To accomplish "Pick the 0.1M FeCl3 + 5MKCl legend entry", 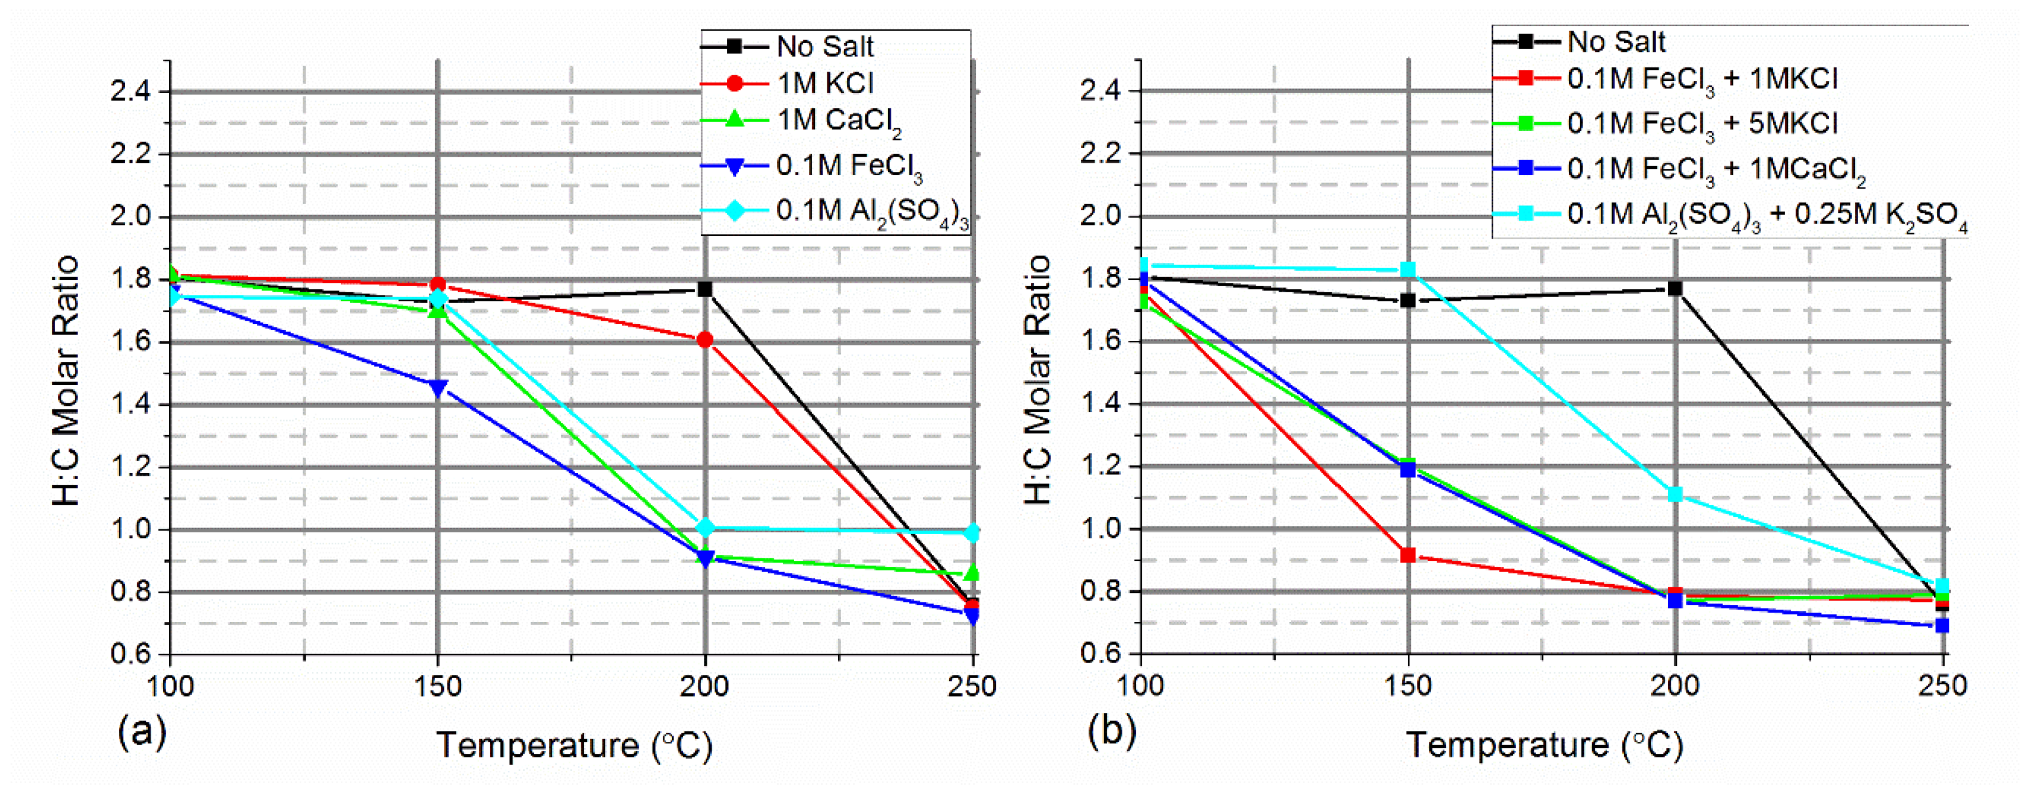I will pos(1701,124).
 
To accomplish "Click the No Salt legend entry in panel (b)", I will pos(1616,41).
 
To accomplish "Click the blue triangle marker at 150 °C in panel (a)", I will pos(438,388).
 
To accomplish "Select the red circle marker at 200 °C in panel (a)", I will pos(705,340).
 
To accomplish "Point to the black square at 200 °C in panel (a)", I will pos(705,289).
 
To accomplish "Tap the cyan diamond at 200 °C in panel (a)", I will pos(705,527).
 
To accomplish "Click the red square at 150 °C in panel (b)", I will pos(1408,555).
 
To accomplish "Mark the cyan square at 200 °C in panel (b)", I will pos(1675,494).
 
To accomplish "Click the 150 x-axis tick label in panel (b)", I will pos(1408,685).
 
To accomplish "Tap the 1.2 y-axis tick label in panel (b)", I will pos(1100,466).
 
